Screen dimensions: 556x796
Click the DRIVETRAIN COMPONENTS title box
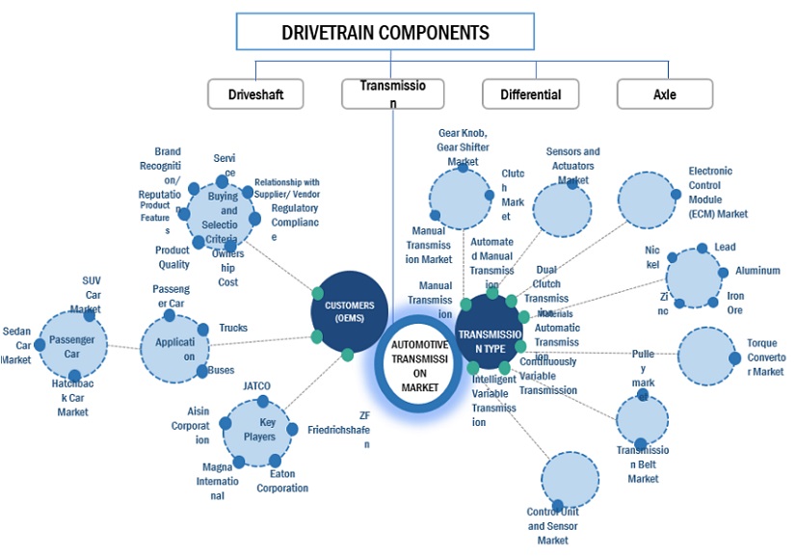point(385,33)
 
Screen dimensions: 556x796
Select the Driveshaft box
point(255,94)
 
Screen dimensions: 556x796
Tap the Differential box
point(530,94)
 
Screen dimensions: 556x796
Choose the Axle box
point(665,94)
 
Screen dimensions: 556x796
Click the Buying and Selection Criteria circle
point(223,217)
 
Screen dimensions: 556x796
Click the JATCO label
point(256,386)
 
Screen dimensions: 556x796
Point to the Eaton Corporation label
point(282,481)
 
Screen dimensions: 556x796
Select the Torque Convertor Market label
point(766,357)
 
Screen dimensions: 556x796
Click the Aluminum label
point(757,271)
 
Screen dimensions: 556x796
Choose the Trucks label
point(233,328)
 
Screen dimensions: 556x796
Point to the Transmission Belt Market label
point(643,464)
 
